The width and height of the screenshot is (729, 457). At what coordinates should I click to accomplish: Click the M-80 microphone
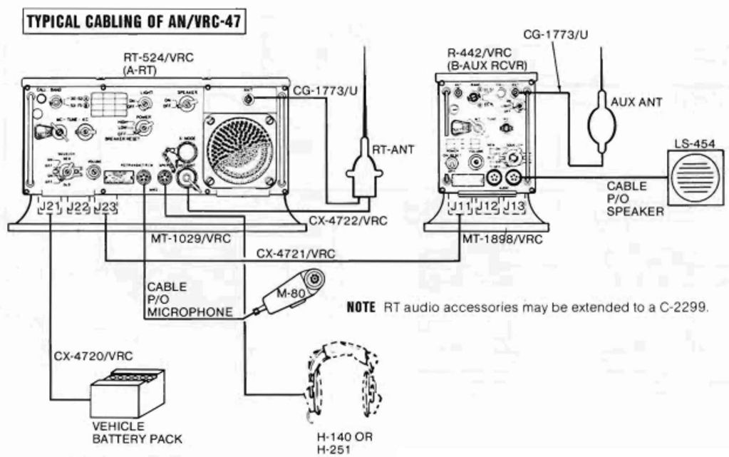(x=290, y=292)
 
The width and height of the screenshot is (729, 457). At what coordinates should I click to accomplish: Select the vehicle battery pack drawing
(x=128, y=394)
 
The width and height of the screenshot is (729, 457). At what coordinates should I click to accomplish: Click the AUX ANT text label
(x=636, y=102)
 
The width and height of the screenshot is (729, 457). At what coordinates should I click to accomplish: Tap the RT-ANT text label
(x=393, y=149)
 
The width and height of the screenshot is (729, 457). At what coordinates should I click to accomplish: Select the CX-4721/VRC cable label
(x=295, y=252)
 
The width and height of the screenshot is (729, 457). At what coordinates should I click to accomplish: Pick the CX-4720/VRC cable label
(x=83, y=355)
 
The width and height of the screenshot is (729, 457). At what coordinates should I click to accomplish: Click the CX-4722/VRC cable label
(x=348, y=221)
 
